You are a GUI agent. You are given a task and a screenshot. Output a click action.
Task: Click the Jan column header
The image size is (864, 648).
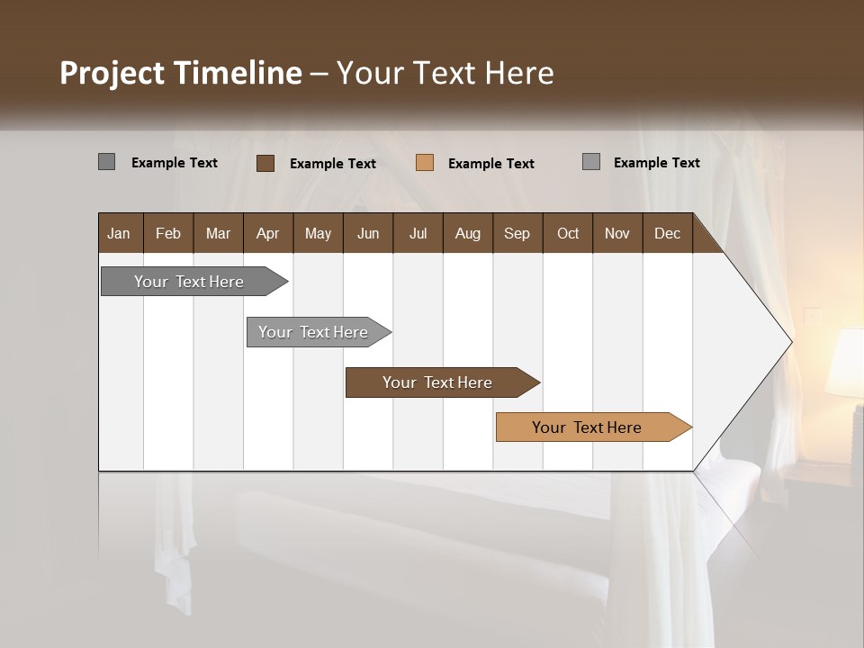tap(120, 233)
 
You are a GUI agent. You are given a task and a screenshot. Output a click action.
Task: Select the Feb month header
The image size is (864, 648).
tap(168, 233)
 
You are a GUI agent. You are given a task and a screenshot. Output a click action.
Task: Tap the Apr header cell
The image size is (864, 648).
tap(268, 233)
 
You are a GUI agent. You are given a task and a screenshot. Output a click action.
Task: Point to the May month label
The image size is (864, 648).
tap(318, 233)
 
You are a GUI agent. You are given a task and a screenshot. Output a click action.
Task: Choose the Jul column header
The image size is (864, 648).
tap(418, 233)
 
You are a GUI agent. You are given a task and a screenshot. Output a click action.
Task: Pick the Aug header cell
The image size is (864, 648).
tap(468, 233)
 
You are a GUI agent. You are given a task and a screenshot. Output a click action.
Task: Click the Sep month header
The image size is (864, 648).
tap(517, 233)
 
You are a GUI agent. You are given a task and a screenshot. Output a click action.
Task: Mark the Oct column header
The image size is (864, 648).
tap(568, 233)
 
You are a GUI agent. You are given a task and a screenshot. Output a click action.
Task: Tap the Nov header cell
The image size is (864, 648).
tap(617, 233)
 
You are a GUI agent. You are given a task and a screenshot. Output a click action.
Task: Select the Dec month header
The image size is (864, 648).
tap(668, 233)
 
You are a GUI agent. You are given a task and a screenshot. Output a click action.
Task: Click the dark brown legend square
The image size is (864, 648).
tap(265, 163)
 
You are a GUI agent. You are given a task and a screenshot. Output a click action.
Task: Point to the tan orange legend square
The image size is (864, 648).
tap(425, 163)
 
